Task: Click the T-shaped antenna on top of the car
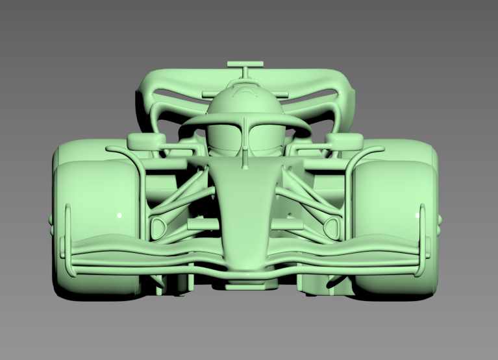pyautogui.click(x=245, y=65)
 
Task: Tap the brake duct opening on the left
pyautogui.click(x=158, y=228)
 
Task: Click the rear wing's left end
pyautogui.click(x=146, y=97)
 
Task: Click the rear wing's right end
pyautogui.click(x=347, y=97)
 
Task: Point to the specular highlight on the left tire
pyautogui.click(x=119, y=215)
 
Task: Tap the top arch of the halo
pyautogui.click(x=245, y=117)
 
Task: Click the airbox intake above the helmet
pyautogui.click(x=245, y=91)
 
